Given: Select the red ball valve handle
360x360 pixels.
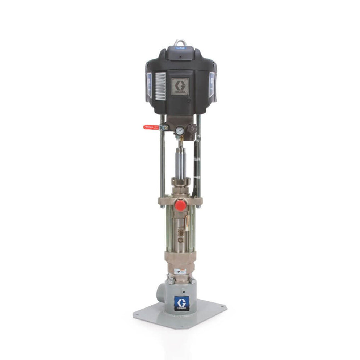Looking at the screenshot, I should pos(151,127).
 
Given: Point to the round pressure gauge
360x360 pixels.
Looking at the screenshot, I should pos(179,130).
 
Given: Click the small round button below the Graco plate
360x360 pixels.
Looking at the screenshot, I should pos(189,99).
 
